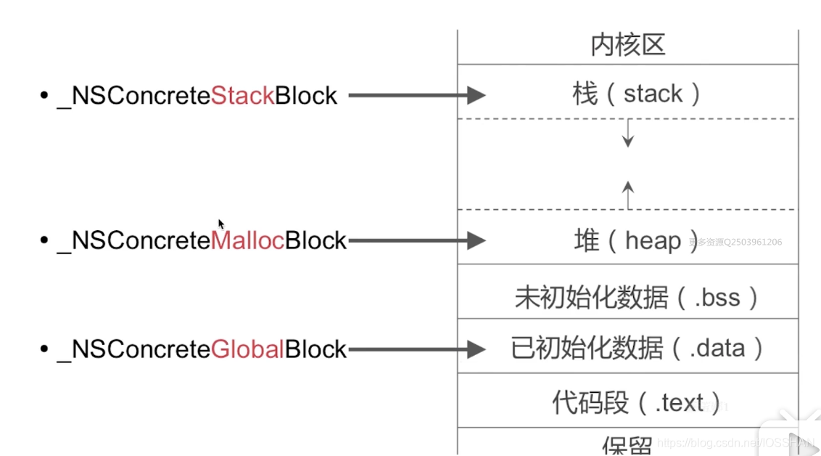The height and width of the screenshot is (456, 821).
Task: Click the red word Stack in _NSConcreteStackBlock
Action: (242, 96)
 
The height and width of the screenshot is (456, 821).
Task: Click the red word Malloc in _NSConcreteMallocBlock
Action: (247, 241)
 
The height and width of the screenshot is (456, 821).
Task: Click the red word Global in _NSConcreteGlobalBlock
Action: (247, 350)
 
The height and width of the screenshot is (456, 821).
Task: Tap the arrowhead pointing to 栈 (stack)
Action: (476, 95)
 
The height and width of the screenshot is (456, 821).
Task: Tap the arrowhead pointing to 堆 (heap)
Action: (476, 240)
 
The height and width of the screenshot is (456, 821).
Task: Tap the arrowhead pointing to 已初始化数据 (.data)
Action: (476, 349)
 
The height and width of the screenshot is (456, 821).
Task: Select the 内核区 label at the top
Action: (627, 45)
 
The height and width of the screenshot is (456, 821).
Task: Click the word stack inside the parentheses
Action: (653, 94)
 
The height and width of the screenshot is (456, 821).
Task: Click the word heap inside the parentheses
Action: (653, 241)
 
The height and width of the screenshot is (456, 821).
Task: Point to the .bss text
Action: (717, 298)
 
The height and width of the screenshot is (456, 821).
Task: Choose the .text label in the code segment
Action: (679, 402)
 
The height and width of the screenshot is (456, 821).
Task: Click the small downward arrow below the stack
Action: (628, 134)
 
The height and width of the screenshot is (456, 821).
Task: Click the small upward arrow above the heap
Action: (628, 194)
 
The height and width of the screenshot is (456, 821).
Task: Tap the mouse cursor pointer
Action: (221, 224)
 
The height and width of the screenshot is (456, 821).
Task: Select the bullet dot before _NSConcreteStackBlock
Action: (44, 96)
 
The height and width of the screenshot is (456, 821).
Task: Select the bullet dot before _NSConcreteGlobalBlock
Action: (44, 350)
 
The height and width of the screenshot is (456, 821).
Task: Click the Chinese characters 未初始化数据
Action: (590, 298)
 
